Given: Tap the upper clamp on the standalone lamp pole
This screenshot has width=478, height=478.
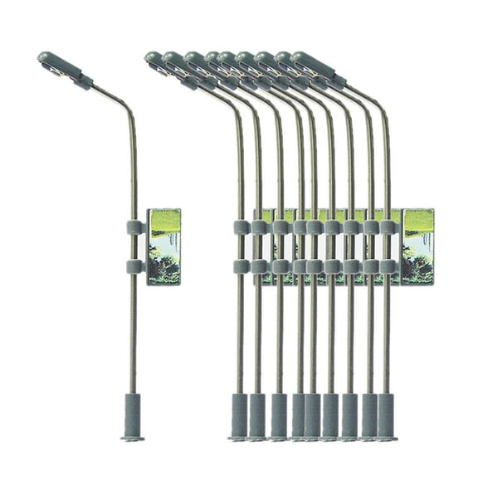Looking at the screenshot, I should click(134, 227).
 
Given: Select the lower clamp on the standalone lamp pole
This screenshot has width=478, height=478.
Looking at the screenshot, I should click(134, 266).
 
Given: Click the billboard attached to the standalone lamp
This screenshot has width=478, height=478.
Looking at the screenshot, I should click(163, 246).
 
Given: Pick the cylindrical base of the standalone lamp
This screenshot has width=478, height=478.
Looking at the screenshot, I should click(132, 412).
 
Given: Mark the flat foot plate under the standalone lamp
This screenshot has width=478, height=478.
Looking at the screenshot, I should click(132, 437).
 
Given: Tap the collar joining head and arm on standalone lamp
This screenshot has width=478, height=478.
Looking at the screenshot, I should click(83, 80).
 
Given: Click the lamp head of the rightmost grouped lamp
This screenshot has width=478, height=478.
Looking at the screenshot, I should click(313, 66).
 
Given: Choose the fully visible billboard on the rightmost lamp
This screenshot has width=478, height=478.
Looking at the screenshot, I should click(417, 246).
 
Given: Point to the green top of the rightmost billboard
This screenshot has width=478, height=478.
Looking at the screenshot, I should click(418, 220).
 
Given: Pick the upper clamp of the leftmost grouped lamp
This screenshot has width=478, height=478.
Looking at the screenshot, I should click(241, 227).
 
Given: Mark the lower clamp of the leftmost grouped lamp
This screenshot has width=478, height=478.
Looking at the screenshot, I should click(241, 266).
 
